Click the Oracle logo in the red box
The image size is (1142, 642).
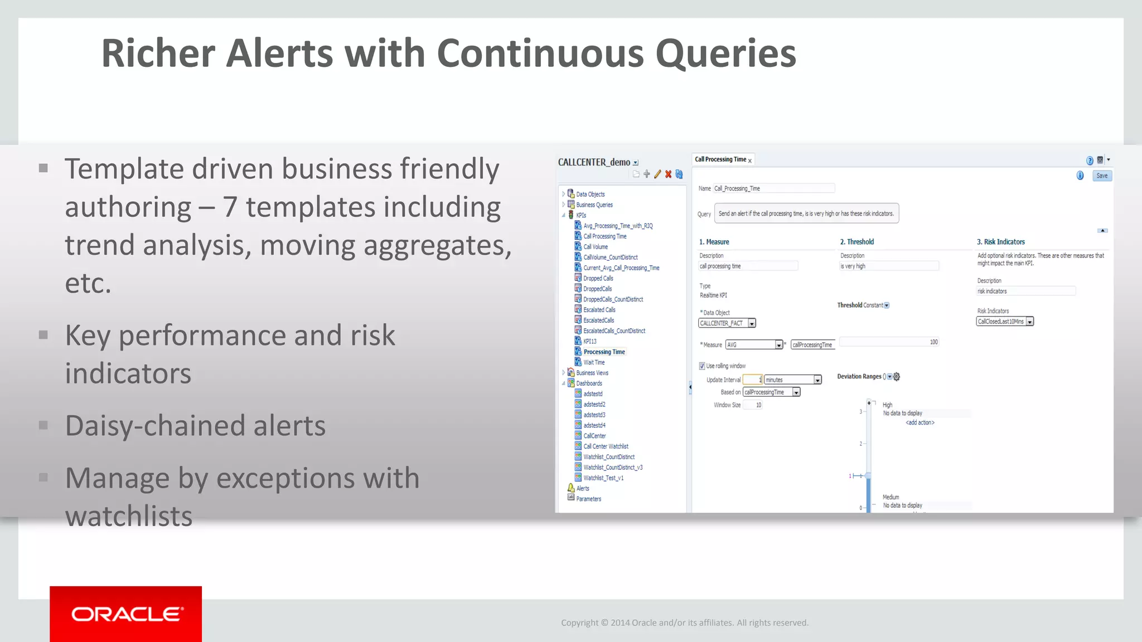pyautogui.click(x=126, y=614)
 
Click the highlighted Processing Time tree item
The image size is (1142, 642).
pyautogui.click(x=604, y=352)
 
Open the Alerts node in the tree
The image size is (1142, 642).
pyautogui.click(x=582, y=488)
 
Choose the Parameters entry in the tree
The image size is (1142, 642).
pyautogui.click(x=588, y=499)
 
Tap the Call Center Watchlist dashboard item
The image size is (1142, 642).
pyautogui.click(x=606, y=446)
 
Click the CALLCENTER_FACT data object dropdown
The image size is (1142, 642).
pyautogui.click(x=727, y=323)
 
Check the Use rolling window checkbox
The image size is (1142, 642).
pyautogui.click(x=702, y=366)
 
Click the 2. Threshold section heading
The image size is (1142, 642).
pyautogui.click(x=857, y=242)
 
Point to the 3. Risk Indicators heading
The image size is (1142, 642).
pyautogui.click(x=1000, y=242)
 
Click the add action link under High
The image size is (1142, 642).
pyautogui.click(x=920, y=423)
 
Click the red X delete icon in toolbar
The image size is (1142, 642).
pyautogui.click(x=668, y=174)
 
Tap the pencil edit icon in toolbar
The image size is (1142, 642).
pyautogui.click(x=657, y=174)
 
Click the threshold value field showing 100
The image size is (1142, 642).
pyautogui.click(x=889, y=342)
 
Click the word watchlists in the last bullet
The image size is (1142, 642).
pyautogui.click(x=129, y=516)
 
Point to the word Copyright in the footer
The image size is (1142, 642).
pyautogui.click(x=579, y=623)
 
